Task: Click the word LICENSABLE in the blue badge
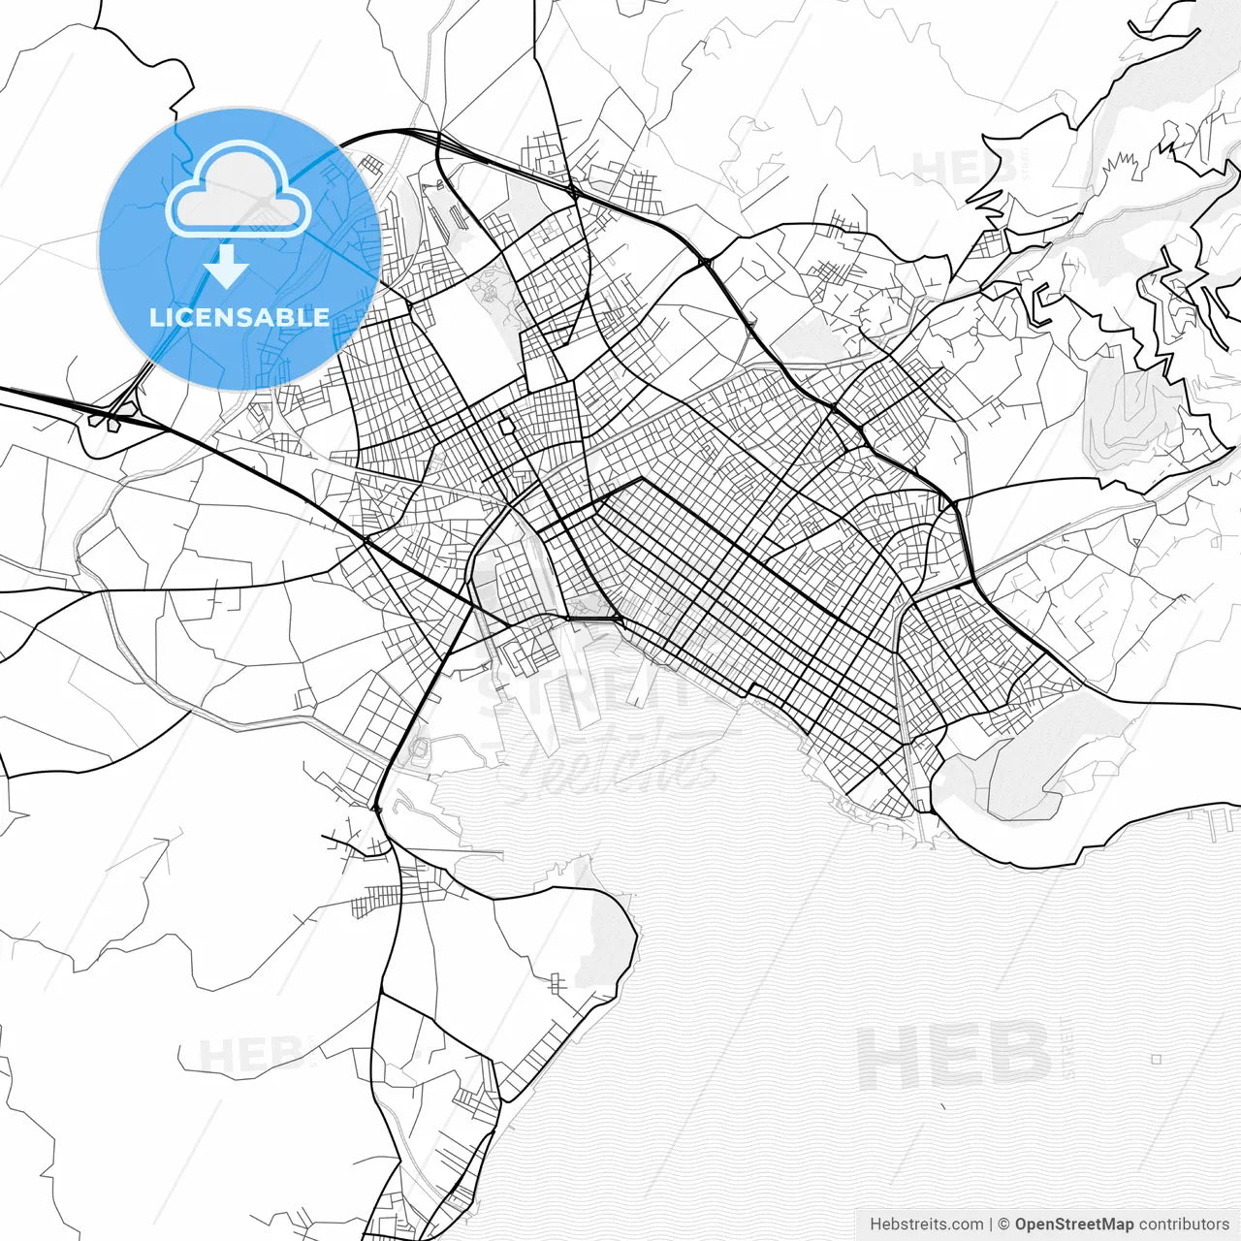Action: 239,317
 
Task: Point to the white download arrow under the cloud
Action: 227,266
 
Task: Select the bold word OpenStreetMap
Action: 1073,1225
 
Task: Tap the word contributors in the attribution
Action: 1184,1225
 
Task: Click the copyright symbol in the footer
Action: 1004,1225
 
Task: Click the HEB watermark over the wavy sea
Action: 955,1057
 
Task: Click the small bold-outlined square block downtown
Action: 506,427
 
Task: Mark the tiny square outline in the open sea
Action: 1156,1060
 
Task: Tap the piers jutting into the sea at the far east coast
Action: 1216,824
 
